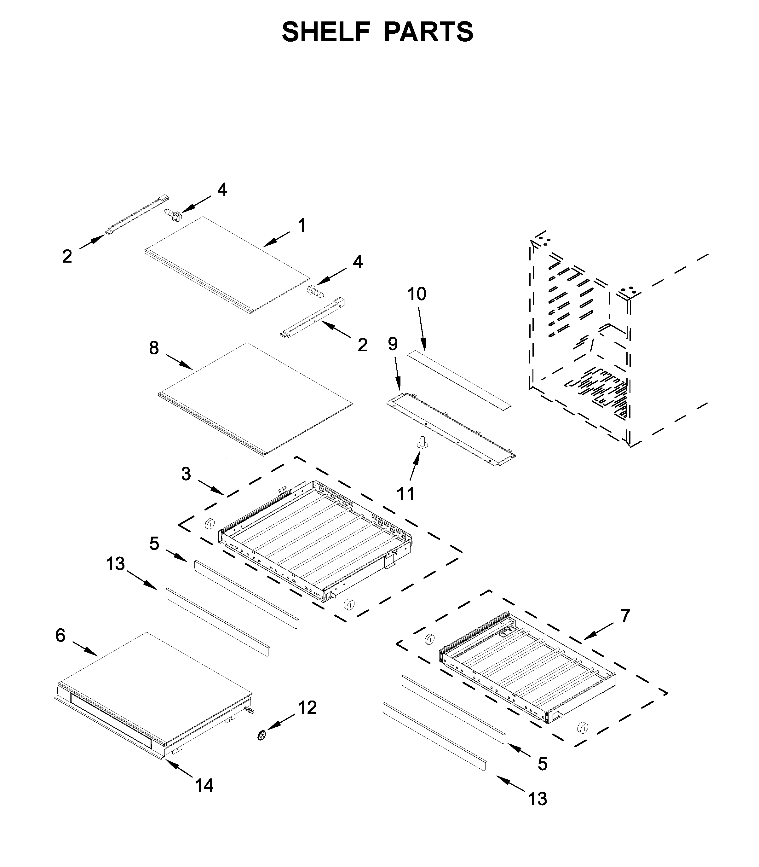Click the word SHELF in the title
(x=326, y=32)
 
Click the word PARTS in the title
(x=428, y=32)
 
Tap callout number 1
(x=302, y=225)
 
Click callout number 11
(x=405, y=494)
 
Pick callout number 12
(x=308, y=708)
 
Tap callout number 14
(x=204, y=786)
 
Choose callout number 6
(x=60, y=635)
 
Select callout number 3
(x=186, y=474)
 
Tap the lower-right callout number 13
(x=538, y=799)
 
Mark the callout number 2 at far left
(x=67, y=256)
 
